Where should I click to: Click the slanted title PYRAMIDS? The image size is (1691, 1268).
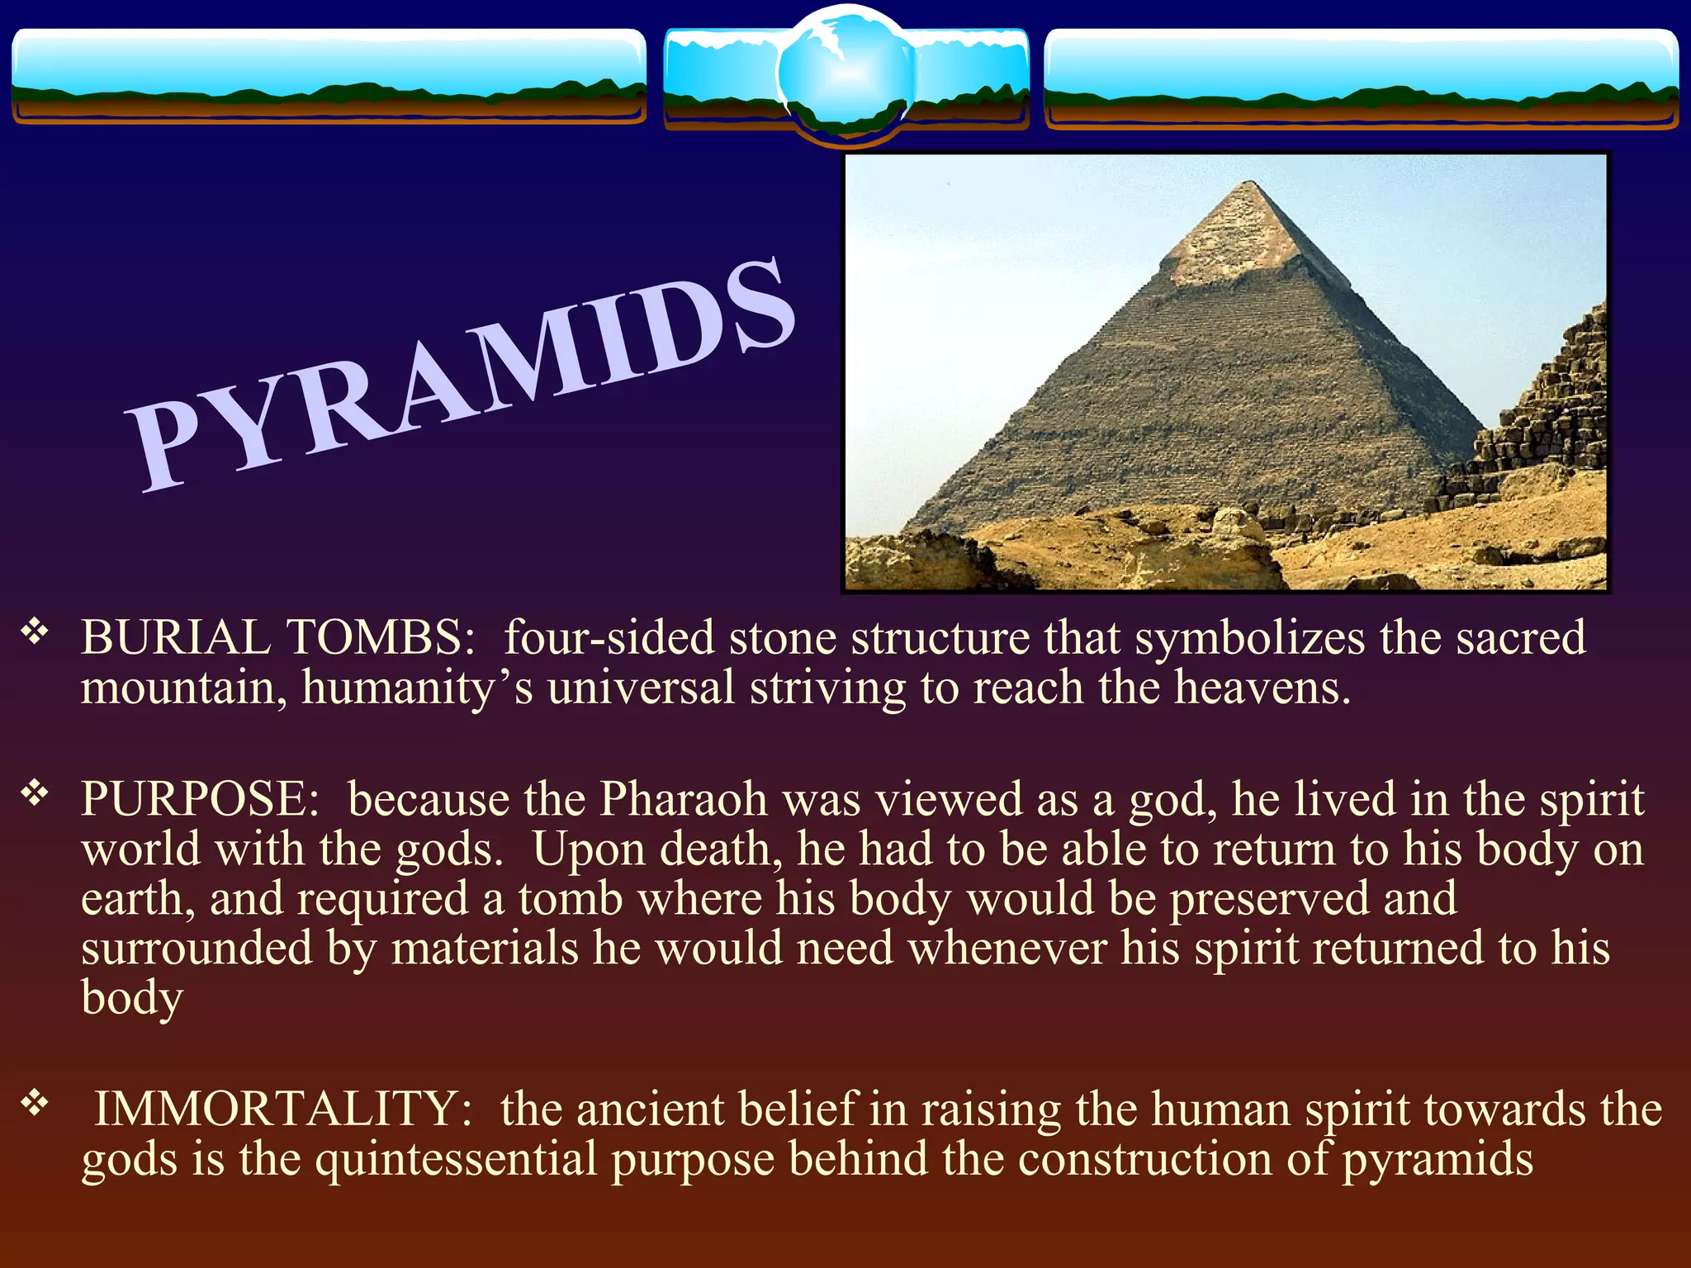tap(462, 376)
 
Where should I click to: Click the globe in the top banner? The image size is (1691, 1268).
tap(845, 73)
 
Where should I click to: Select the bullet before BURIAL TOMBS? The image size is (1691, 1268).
tap(35, 633)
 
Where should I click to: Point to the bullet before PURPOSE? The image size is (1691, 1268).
tap(35, 794)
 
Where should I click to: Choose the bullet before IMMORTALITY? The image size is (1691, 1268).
tap(35, 1103)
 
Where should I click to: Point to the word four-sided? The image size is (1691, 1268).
tap(609, 637)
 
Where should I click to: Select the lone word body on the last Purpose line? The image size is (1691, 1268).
tap(132, 999)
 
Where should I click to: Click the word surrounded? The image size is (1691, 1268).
tap(197, 949)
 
